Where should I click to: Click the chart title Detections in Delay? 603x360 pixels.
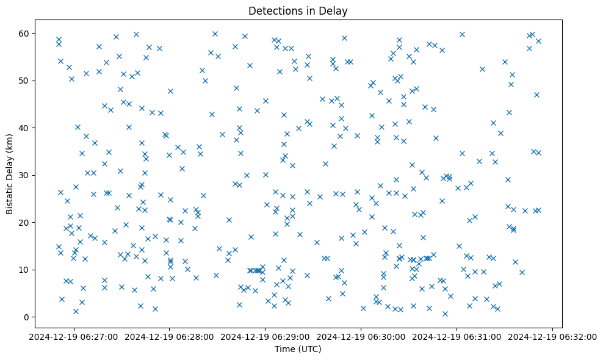(298, 10)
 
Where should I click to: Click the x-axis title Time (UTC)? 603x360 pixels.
(298, 349)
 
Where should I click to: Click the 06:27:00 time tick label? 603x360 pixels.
(73, 336)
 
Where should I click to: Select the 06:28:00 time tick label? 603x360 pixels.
(169, 336)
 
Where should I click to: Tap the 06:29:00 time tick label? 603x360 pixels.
(265, 336)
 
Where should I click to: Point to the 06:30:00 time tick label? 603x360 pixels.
(361, 336)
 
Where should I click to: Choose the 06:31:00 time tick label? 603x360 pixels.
(457, 336)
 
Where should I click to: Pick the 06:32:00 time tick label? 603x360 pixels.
(552, 336)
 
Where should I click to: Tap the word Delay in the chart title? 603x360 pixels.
(335, 10)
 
